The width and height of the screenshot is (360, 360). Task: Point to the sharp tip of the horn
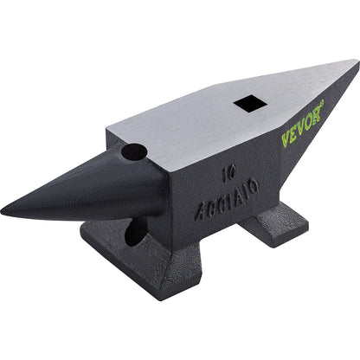3,210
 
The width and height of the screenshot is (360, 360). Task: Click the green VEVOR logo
302,123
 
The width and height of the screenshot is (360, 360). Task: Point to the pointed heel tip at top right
356,61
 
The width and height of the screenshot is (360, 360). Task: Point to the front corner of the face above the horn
108,132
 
